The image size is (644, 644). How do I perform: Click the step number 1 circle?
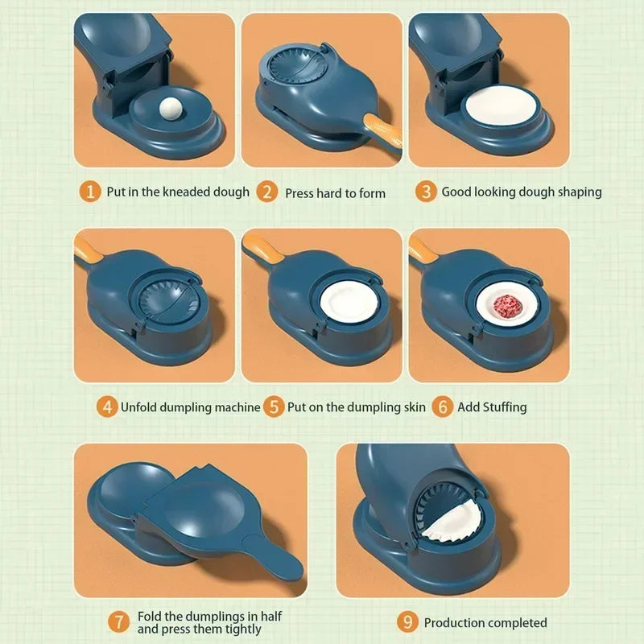(92, 192)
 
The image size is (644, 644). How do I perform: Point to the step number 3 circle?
(426, 192)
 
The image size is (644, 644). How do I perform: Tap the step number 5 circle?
(275, 407)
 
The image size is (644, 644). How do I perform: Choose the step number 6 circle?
(442, 407)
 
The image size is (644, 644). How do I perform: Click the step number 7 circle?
(119, 622)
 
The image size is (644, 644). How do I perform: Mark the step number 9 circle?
(408, 622)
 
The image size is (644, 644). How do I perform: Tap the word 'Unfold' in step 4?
(138, 407)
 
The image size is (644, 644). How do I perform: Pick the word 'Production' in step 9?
(455, 623)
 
